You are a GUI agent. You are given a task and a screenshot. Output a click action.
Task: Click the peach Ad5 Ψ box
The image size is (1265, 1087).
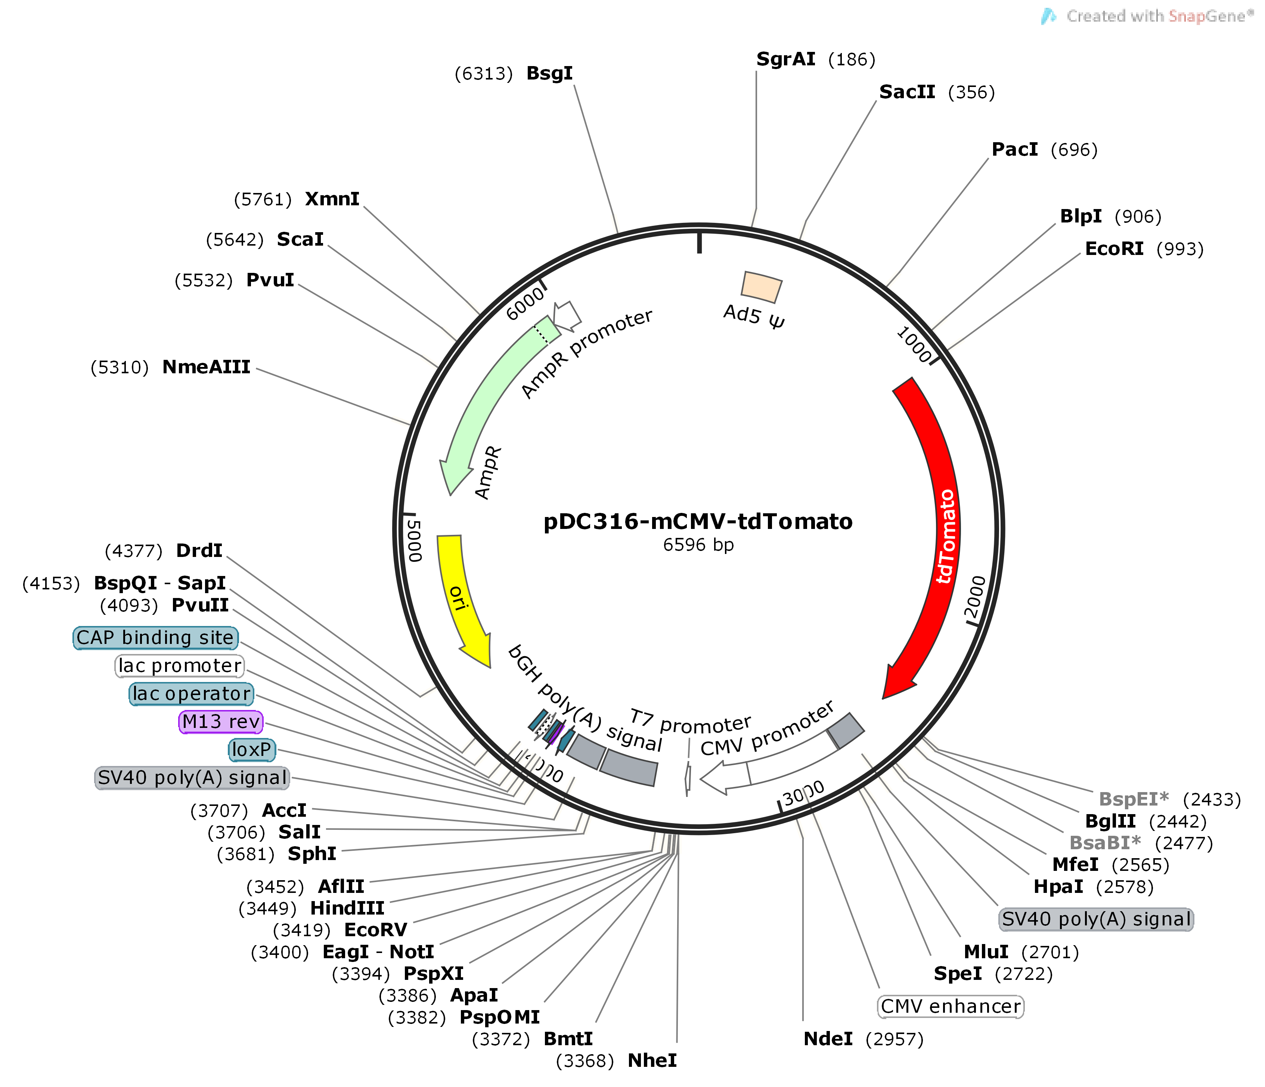(x=761, y=287)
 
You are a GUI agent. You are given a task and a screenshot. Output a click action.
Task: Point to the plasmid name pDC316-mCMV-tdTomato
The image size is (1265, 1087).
(x=698, y=522)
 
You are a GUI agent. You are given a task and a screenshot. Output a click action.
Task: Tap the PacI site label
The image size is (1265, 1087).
(x=1014, y=150)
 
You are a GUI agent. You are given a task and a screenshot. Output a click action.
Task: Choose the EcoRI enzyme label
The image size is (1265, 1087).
(x=1114, y=249)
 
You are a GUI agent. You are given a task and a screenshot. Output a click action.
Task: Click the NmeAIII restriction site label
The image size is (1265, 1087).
(x=207, y=367)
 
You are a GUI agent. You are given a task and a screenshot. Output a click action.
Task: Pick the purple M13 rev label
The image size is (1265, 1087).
(x=221, y=722)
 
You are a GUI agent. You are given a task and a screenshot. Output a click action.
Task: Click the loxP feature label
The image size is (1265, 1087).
(x=251, y=750)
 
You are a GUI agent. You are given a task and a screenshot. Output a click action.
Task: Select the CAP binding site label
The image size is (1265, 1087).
(x=155, y=638)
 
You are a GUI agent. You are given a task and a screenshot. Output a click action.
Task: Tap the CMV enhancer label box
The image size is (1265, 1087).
(x=950, y=1006)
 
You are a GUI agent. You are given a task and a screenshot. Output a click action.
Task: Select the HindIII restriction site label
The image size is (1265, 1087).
(x=347, y=908)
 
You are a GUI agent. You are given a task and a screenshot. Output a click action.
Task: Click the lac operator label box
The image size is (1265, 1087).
(x=191, y=694)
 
